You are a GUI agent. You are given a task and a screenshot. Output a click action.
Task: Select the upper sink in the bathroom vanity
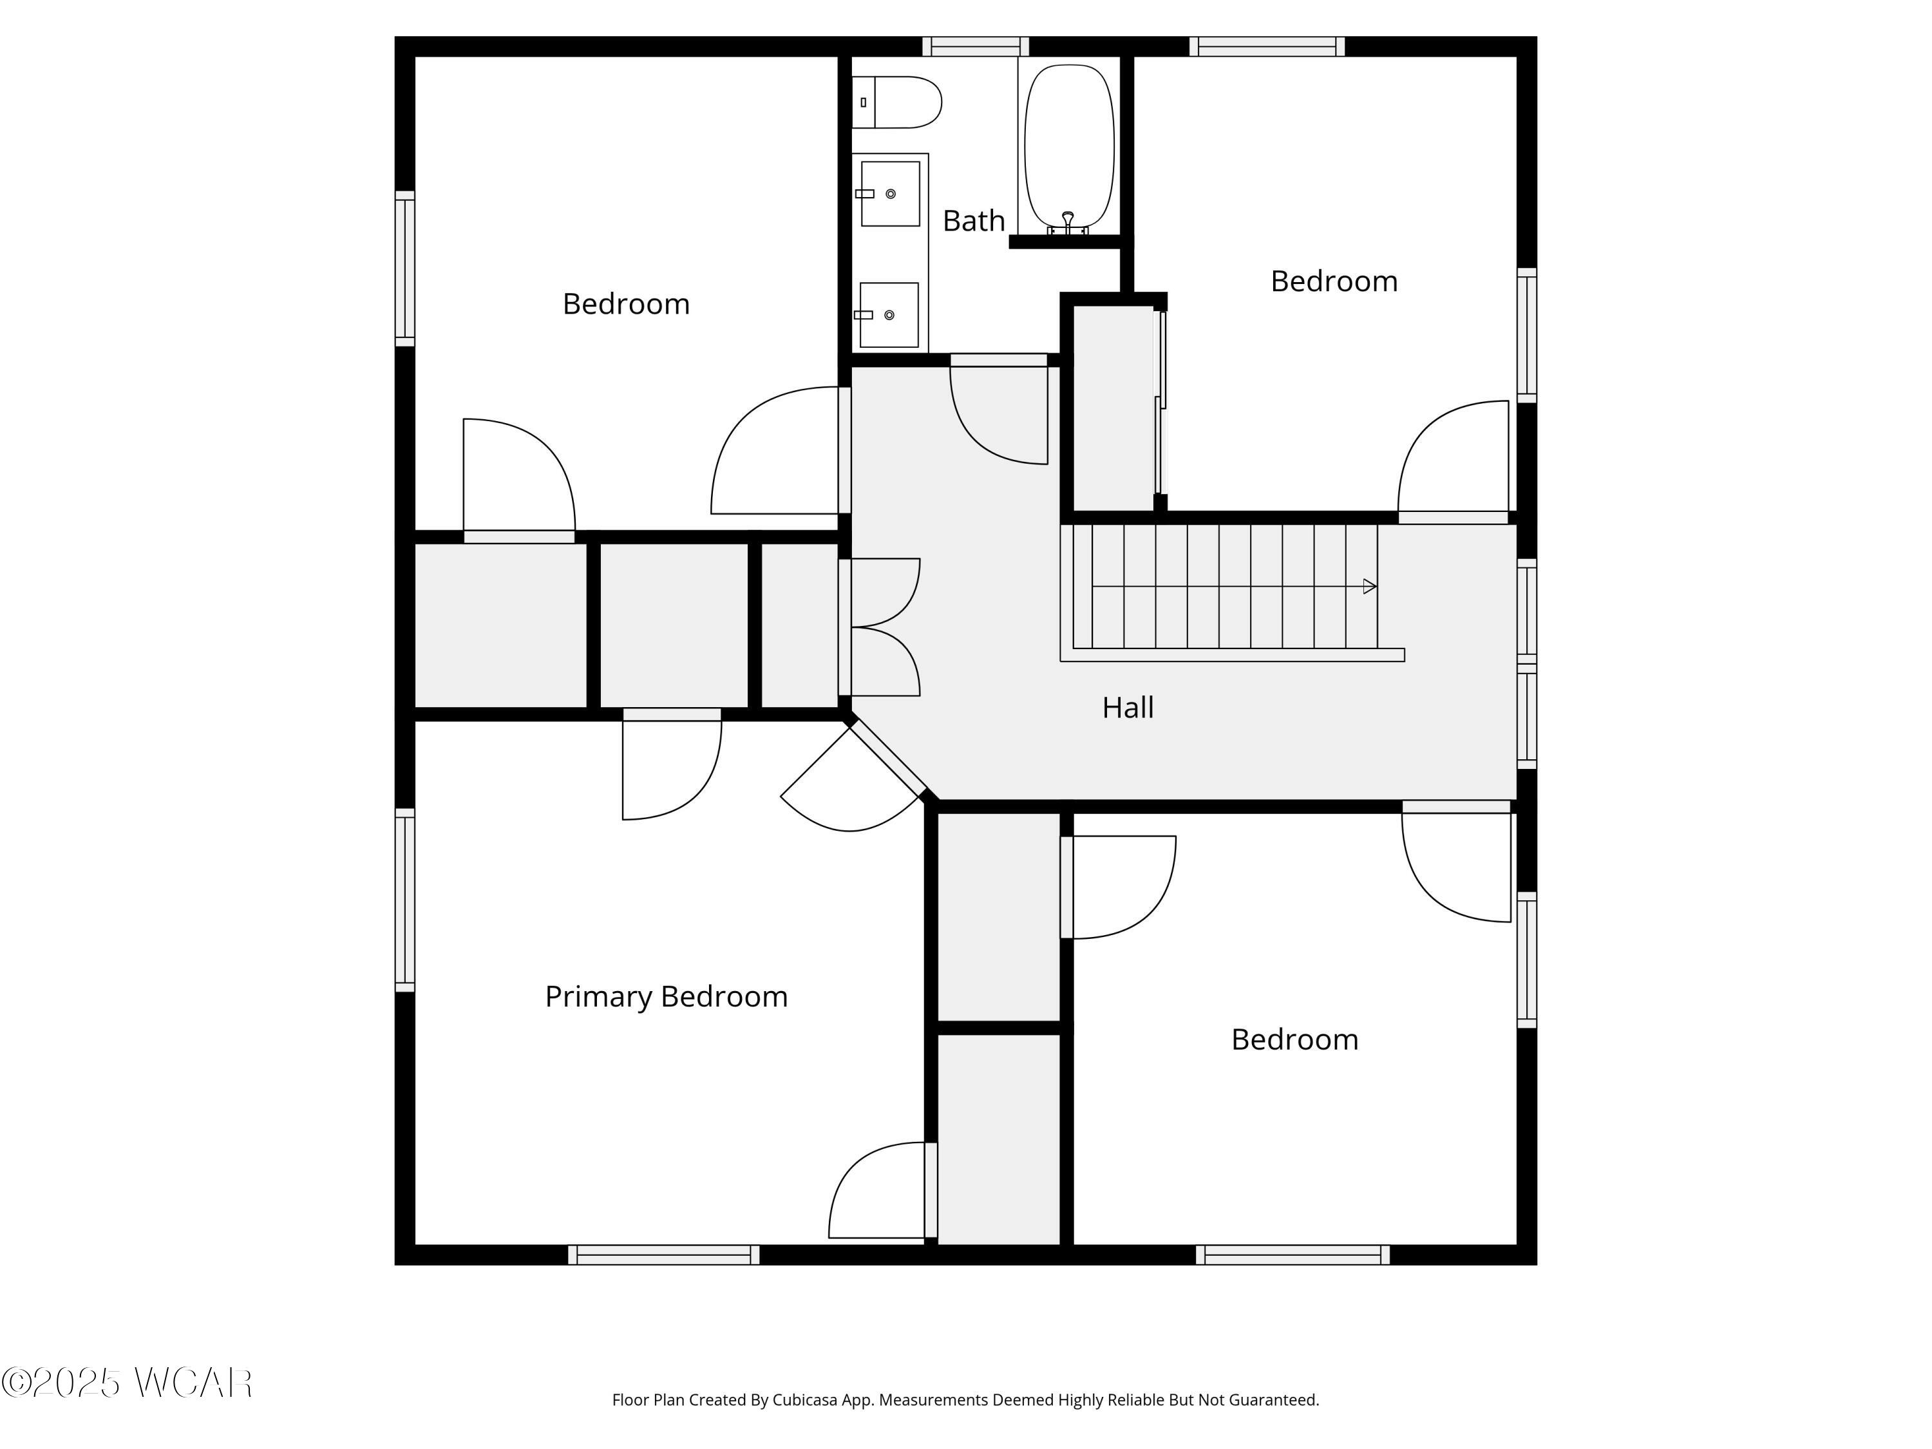(x=890, y=193)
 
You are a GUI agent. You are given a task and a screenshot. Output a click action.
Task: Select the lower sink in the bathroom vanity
(x=888, y=314)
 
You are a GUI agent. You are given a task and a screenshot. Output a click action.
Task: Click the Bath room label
(x=973, y=221)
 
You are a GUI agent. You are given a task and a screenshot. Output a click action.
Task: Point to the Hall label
(x=1127, y=708)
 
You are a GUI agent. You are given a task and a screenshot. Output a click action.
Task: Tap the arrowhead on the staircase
(x=1368, y=586)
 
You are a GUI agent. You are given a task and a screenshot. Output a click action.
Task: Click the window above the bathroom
(x=976, y=46)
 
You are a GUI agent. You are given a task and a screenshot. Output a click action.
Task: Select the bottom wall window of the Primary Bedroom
(x=664, y=1255)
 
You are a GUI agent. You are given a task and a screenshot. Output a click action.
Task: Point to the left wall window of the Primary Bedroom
(x=404, y=900)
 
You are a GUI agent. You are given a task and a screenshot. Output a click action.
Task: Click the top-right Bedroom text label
(x=1333, y=281)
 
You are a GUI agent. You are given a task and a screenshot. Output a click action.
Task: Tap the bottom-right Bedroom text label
(x=1294, y=1039)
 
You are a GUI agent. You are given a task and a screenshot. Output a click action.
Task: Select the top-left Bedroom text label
(x=625, y=304)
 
